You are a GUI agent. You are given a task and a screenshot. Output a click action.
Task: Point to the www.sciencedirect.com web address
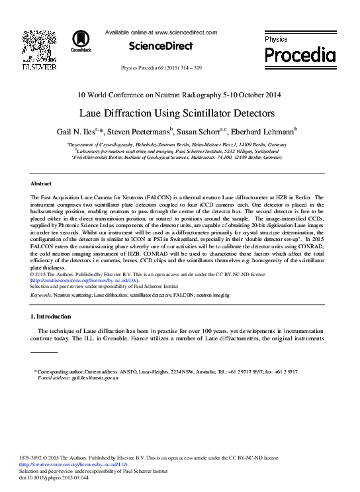coord(185,31)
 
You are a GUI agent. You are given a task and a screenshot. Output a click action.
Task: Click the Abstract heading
coord(42,183)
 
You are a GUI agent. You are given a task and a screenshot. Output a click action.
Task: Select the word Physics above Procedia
coord(276,40)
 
